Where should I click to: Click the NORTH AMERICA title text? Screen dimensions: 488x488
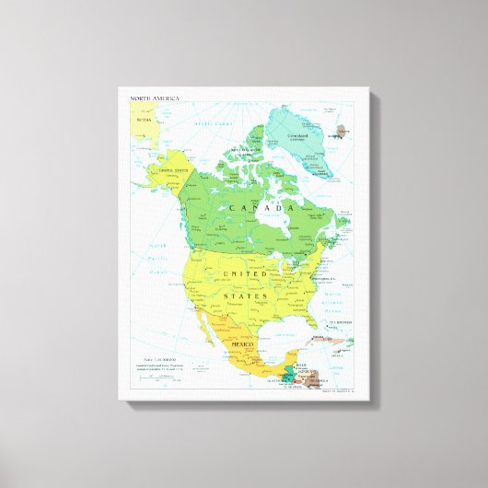[156, 97]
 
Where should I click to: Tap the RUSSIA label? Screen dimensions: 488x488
[143, 119]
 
